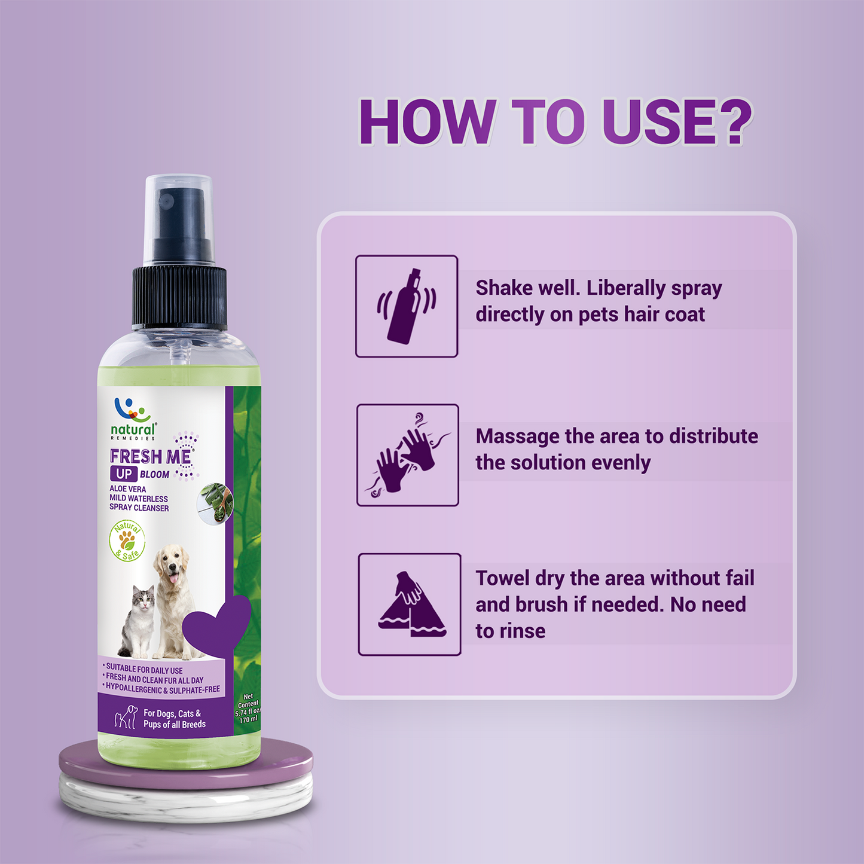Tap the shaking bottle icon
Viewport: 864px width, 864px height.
tap(406, 306)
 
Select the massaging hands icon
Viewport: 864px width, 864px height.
tap(407, 454)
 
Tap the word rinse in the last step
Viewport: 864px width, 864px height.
tap(522, 631)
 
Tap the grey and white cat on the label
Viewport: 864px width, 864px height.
tap(138, 621)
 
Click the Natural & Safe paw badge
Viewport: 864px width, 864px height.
tap(127, 541)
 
